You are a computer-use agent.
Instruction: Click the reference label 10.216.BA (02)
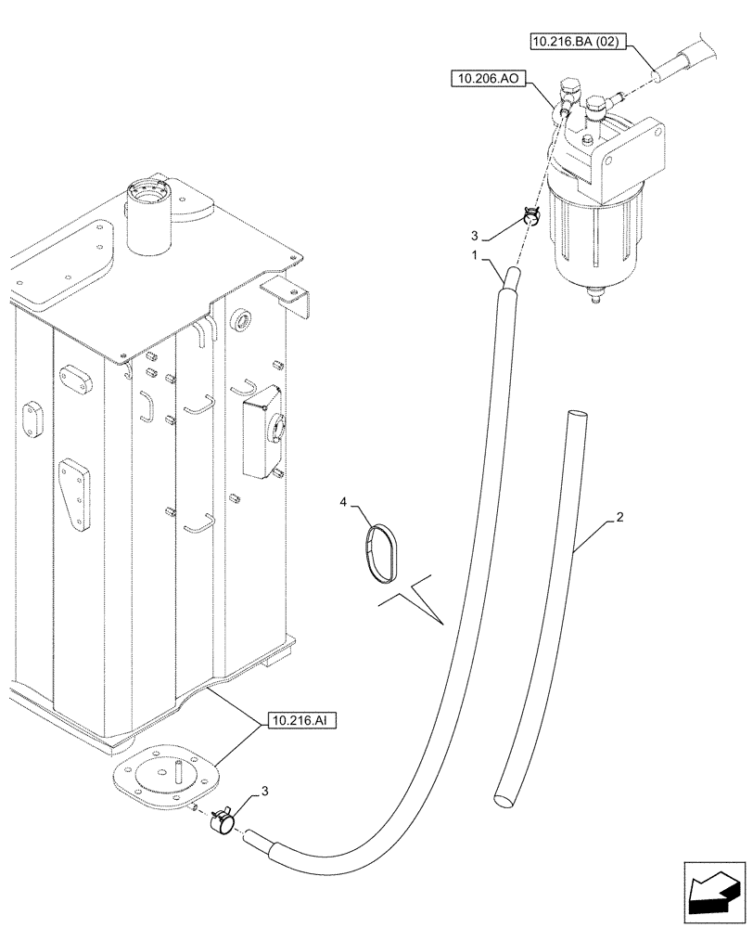(578, 42)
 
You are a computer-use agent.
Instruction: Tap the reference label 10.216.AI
(299, 719)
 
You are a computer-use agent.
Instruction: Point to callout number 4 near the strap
(344, 503)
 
